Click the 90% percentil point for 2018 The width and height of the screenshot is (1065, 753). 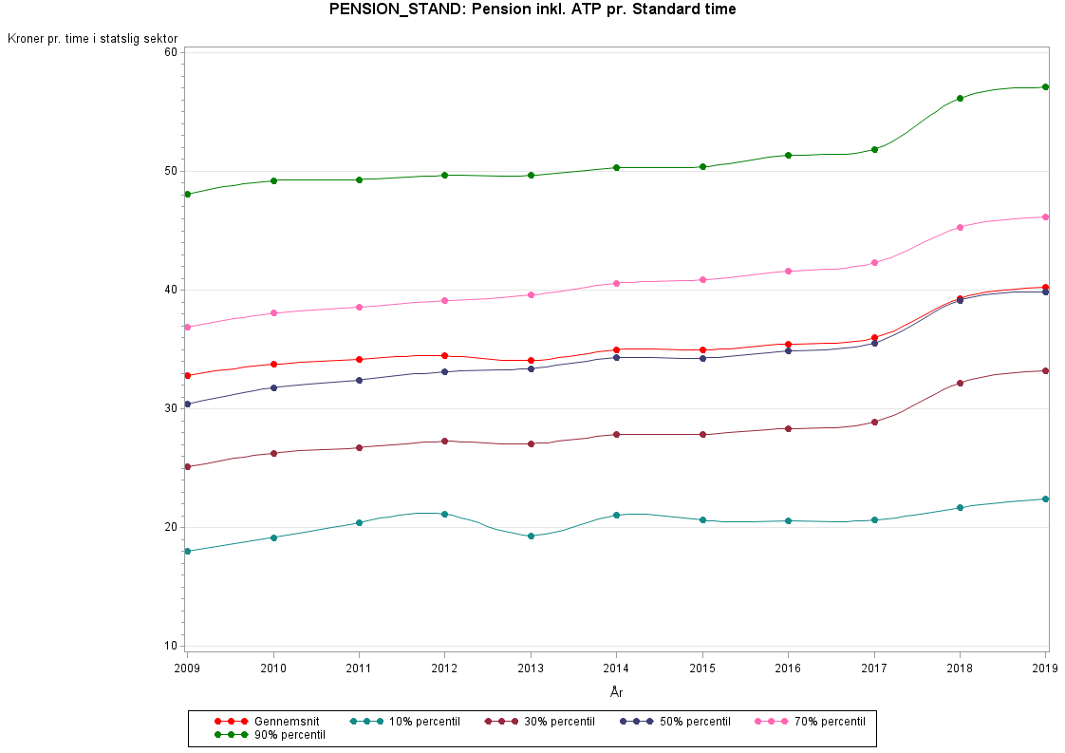tap(960, 99)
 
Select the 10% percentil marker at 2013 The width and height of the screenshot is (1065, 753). tap(532, 537)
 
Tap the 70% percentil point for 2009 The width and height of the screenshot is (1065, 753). tap(188, 327)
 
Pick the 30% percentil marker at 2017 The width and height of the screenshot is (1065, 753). tap(874, 422)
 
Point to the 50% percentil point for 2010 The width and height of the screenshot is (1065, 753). tap(273, 388)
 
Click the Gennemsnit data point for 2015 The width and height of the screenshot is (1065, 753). tap(703, 350)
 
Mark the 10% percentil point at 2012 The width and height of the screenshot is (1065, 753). tap(445, 514)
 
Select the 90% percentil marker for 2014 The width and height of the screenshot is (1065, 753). tap(617, 168)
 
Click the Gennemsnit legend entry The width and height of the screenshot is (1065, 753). tap(267, 722)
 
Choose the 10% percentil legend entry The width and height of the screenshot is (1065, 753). tap(404, 722)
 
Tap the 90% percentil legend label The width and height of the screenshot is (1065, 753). tap(290, 735)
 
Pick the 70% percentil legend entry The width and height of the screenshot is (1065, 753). tap(811, 722)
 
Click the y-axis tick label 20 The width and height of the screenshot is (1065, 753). tap(170, 527)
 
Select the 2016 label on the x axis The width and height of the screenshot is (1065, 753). tap(788, 668)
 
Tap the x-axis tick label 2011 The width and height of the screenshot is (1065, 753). tap(359, 668)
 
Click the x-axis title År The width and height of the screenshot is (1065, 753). tap(617, 692)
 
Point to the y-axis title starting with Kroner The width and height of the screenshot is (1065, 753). tap(92, 39)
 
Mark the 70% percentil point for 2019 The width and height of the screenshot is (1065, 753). tap(1046, 217)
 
